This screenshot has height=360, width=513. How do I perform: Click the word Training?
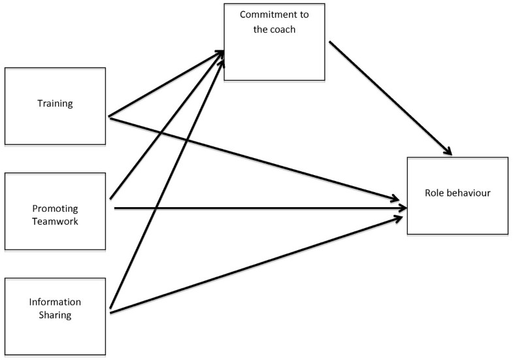[55, 103]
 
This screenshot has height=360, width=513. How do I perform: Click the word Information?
[55, 302]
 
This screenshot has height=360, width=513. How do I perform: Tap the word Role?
[434, 194]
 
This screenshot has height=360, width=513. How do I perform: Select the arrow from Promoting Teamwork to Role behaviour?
[261, 208]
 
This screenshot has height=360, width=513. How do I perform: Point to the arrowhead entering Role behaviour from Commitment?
[447, 152]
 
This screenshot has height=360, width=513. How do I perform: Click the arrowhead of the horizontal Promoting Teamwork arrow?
[402, 208]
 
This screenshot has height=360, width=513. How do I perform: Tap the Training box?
[55, 124]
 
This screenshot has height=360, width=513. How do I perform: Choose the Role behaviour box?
[457, 216]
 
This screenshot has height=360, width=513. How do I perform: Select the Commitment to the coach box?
[274, 59]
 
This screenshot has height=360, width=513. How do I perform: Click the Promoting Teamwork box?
[55, 189]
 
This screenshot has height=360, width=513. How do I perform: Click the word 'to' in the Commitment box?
[306, 14]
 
